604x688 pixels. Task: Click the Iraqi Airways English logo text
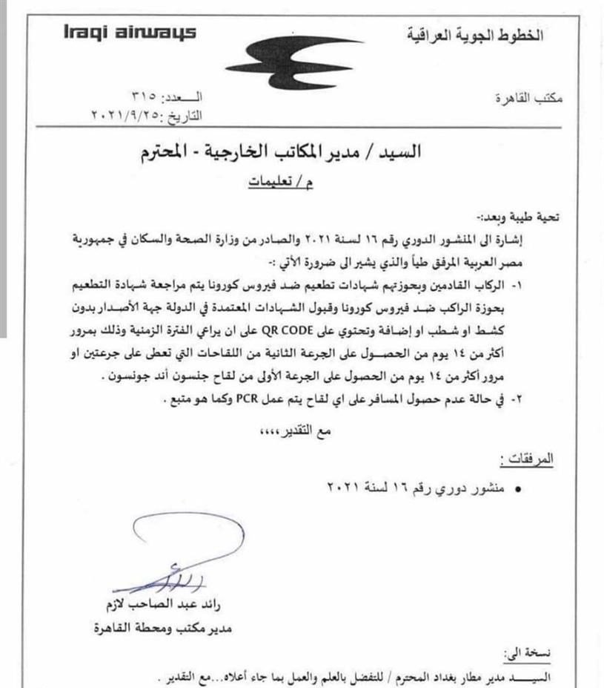point(109,33)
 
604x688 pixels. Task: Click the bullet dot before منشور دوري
point(517,490)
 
